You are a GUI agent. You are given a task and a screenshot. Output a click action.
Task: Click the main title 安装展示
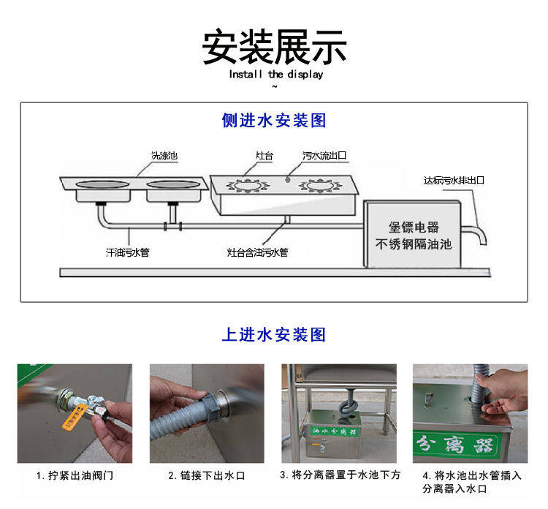pos(274,47)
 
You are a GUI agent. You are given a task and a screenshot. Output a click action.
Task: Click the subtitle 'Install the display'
pos(275,75)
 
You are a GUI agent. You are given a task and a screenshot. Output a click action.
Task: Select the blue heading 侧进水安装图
pos(274,121)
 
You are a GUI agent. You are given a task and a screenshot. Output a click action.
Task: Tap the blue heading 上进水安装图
pos(274,335)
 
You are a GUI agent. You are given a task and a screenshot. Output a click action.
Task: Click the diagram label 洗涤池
pos(164,156)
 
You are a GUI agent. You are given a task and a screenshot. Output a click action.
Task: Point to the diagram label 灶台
pos(264,156)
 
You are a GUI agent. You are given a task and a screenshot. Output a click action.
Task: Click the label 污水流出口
pos(324,156)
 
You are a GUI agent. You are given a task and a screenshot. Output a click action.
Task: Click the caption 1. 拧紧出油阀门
pos(75,476)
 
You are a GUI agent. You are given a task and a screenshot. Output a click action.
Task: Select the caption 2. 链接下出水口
pos(207,476)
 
